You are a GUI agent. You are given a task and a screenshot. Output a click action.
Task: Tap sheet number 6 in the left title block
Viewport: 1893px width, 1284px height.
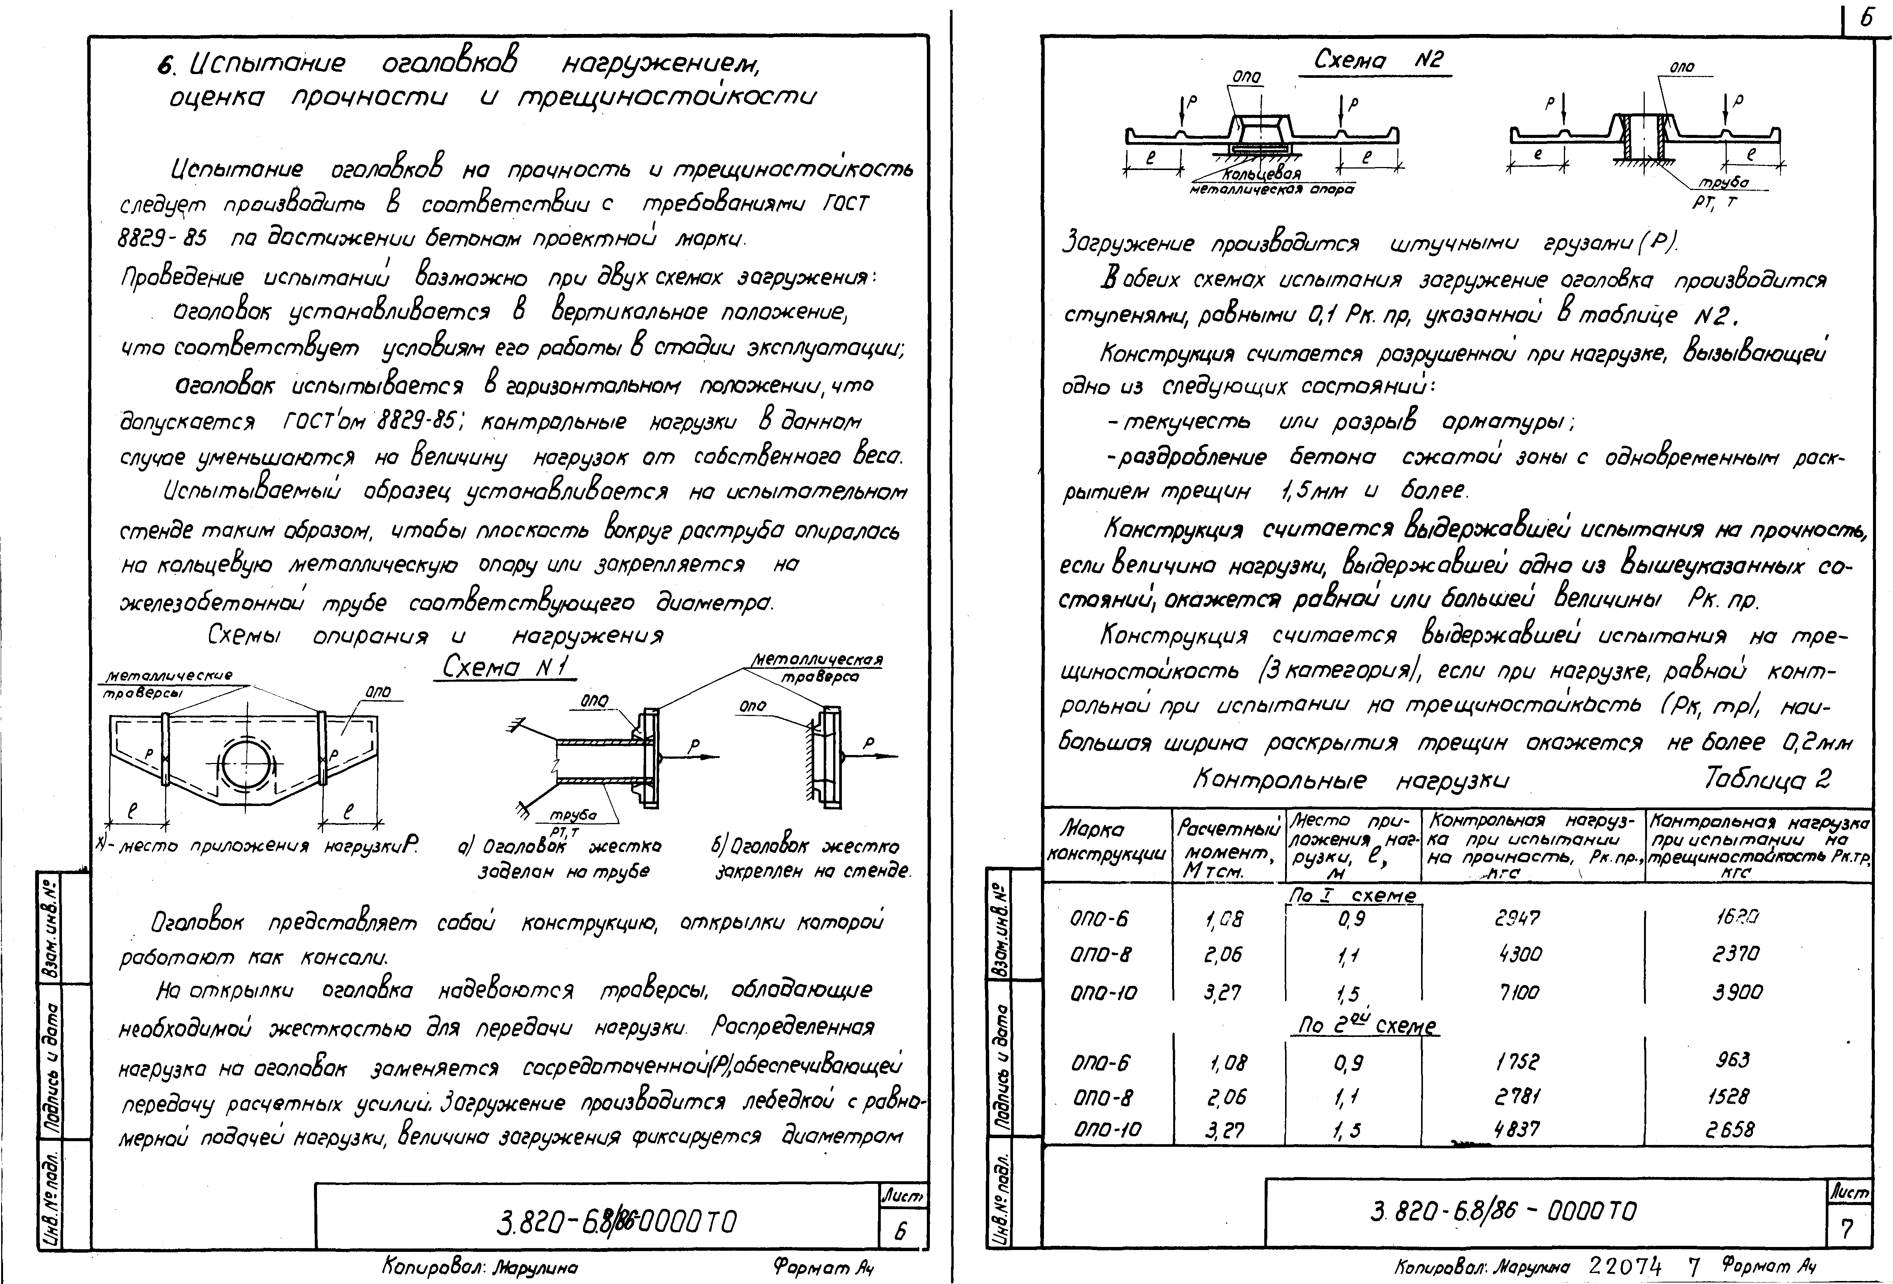tap(901, 1232)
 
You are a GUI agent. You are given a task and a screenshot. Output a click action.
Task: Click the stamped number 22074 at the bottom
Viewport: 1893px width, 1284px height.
tap(1625, 1267)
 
